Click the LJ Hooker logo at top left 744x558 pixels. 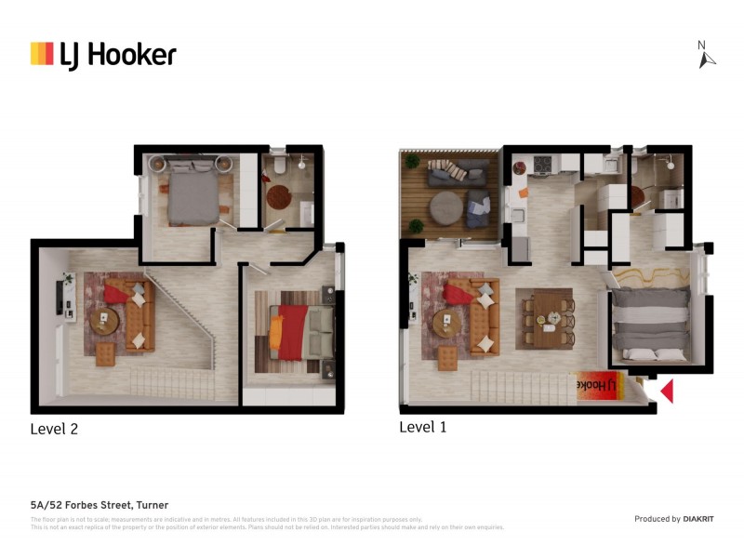pos(102,54)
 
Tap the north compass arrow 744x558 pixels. pos(706,58)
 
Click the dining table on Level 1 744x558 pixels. pos(545,316)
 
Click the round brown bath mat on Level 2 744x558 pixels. pos(278,197)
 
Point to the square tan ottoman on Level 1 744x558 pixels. pos(448,357)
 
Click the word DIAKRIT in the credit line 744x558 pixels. pos(699,519)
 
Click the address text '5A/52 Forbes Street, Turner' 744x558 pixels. pos(99,505)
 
